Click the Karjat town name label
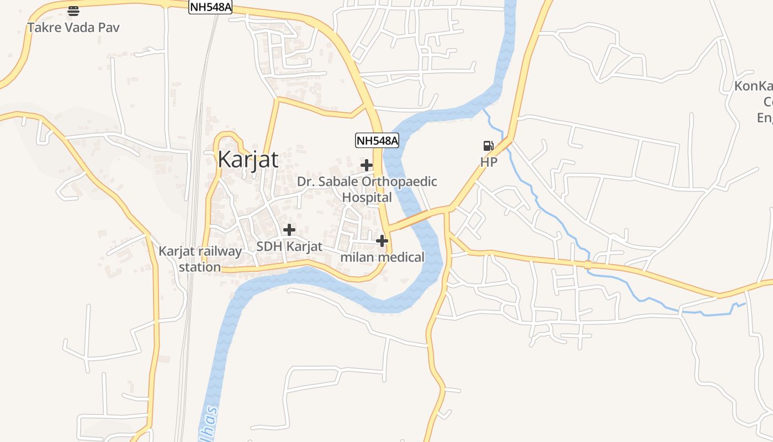coord(248,159)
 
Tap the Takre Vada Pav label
coord(73,27)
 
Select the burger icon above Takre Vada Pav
coord(73,10)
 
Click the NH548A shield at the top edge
coord(210,7)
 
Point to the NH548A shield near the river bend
coord(377,140)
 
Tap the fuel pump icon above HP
coord(489,146)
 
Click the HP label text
coord(489,162)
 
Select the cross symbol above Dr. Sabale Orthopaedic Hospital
coord(367,165)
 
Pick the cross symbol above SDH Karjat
coord(289,230)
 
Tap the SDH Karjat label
coord(289,246)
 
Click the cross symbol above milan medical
coord(382,241)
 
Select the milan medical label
coord(382,257)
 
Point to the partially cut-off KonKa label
coord(753,87)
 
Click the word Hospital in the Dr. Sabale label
coord(367,197)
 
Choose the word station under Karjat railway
coord(200,267)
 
